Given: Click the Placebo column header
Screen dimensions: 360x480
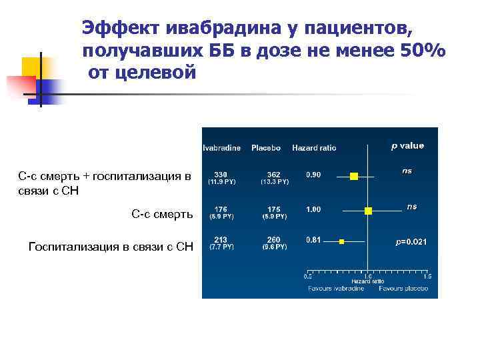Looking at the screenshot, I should pos(266,147).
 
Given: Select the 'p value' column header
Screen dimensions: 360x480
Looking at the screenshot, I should pos(407,145).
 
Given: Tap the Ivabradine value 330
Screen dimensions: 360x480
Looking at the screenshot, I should pos(221,174).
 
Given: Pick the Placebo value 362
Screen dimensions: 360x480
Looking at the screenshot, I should pos(274,174).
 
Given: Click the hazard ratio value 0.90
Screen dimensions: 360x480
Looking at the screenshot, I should pos(313,175).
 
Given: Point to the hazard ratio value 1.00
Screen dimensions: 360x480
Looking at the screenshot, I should pos(313,209).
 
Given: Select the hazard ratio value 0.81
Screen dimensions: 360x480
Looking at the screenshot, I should pos(313,240).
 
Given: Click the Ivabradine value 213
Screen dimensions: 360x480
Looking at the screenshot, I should pos(221,240).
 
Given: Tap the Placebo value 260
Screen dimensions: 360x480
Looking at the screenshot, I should pos(274,240).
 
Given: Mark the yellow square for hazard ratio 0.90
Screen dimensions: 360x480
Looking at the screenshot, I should pos(354,176).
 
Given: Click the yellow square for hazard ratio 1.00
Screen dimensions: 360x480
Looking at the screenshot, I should pos(369,210).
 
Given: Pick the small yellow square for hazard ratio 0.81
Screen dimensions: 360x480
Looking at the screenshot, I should pos(342,240).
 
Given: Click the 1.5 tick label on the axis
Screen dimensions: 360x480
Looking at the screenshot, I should pos(427,276).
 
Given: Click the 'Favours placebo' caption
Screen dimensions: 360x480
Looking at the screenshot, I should pos(403,289).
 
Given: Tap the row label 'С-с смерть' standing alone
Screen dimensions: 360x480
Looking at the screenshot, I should pos(162,214).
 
